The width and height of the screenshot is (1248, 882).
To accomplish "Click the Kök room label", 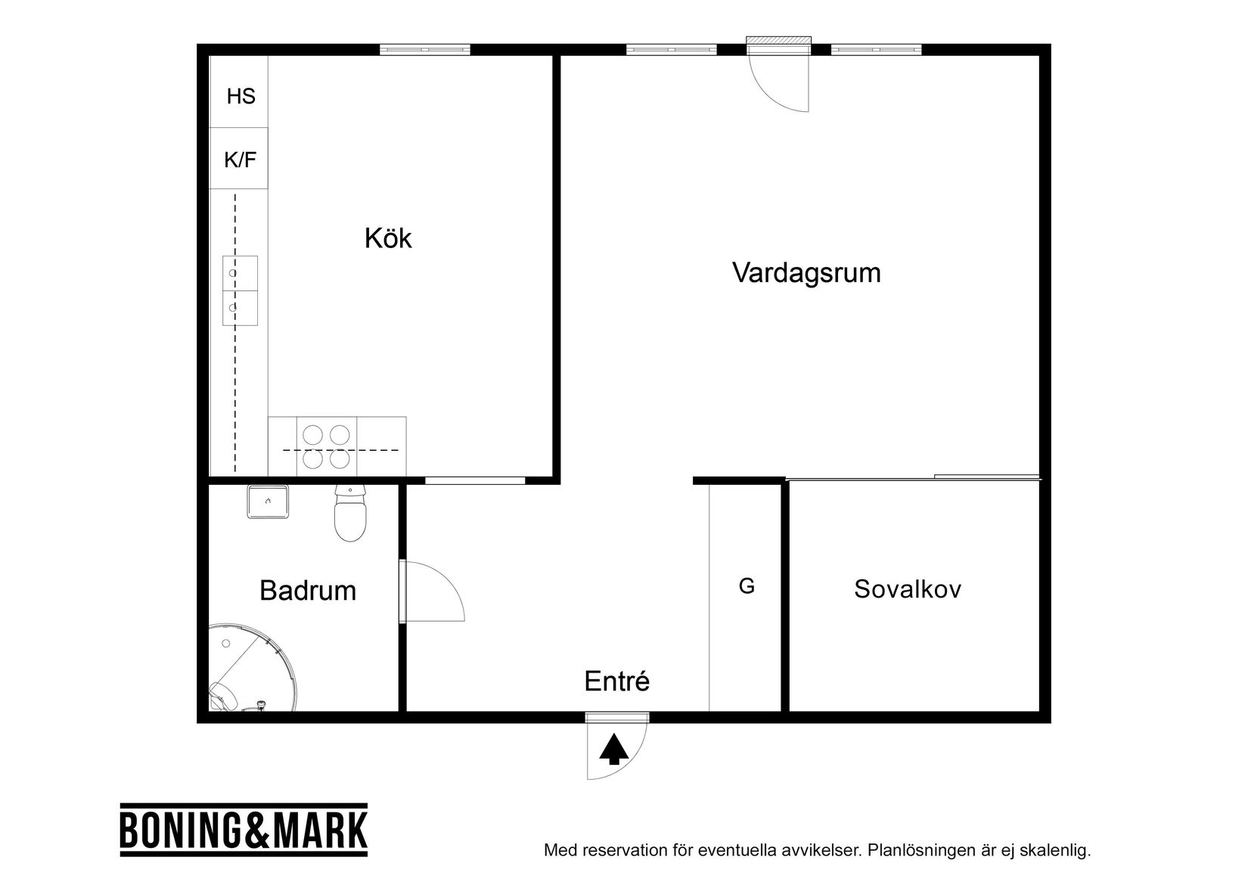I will tap(388, 239).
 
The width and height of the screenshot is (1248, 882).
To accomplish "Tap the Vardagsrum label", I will tap(806, 272).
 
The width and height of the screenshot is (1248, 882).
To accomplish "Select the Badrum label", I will tap(307, 591).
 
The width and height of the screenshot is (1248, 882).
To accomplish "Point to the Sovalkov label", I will tap(908, 589).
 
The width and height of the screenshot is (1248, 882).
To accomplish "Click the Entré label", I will tap(616, 682).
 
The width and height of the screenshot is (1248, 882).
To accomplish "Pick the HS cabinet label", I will tap(241, 97).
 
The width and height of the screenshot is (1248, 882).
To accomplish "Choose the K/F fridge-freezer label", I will tap(240, 160).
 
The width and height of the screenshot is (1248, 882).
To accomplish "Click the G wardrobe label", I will tap(746, 586).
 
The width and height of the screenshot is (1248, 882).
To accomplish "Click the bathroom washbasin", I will tap(267, 502).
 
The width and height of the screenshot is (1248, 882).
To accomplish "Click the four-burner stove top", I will tap(327, 446).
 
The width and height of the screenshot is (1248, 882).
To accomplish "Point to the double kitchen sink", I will tap(240, 290).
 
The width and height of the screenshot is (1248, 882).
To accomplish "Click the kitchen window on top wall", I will tap(424, 50).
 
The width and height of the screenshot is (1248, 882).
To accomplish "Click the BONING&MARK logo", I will tap(244, 830).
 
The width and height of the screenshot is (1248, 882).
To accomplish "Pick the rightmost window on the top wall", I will tap(876, 50).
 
